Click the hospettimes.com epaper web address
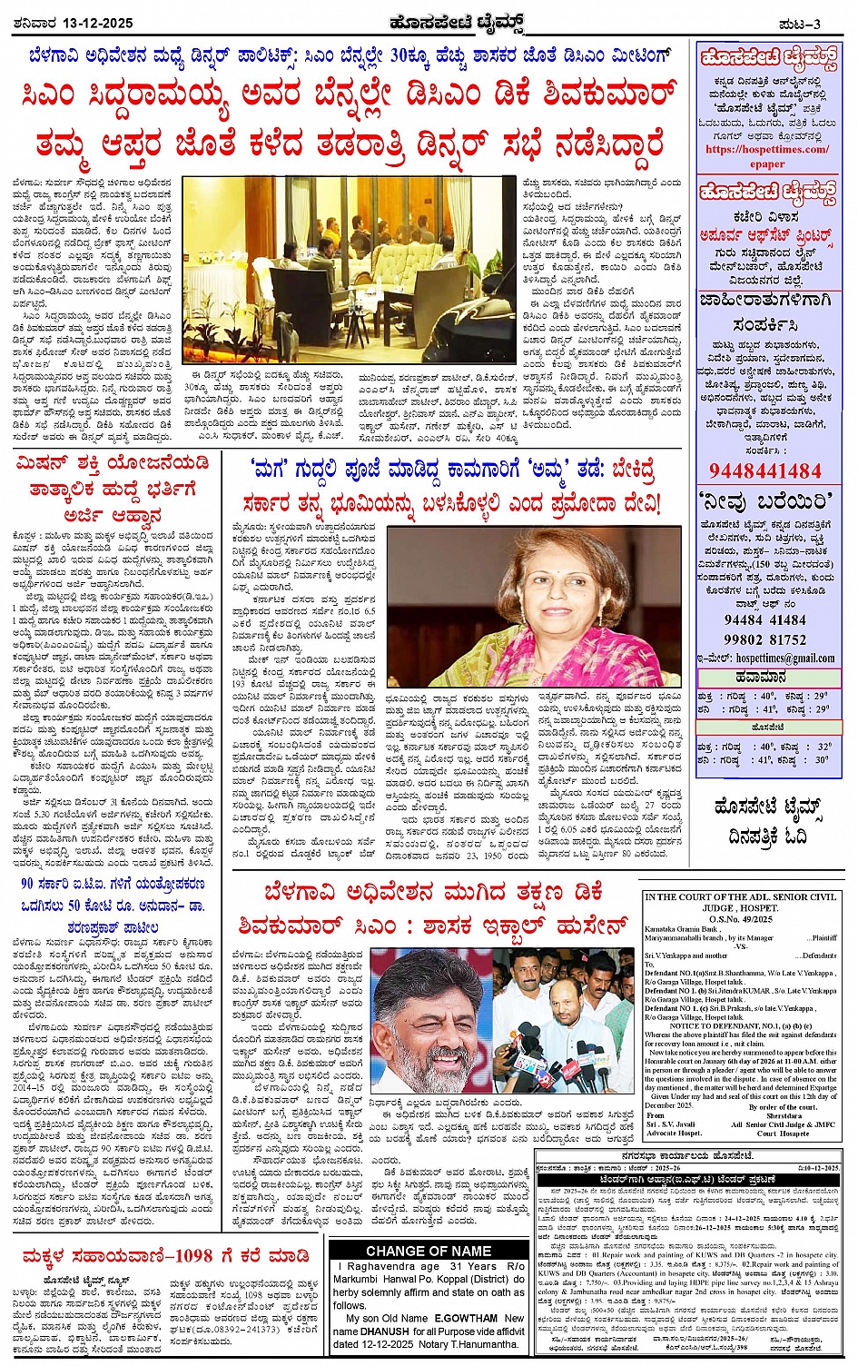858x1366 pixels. click(x=767, y=156)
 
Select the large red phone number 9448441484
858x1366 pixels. click(x=765, y=470)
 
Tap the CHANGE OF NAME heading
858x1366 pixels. click(x=429, y=1251)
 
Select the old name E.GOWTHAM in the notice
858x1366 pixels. click(x=467, y=1318)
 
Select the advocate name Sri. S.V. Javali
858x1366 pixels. click(x=672, y=1124)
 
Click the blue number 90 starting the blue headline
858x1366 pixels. click(x=27, y=884)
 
